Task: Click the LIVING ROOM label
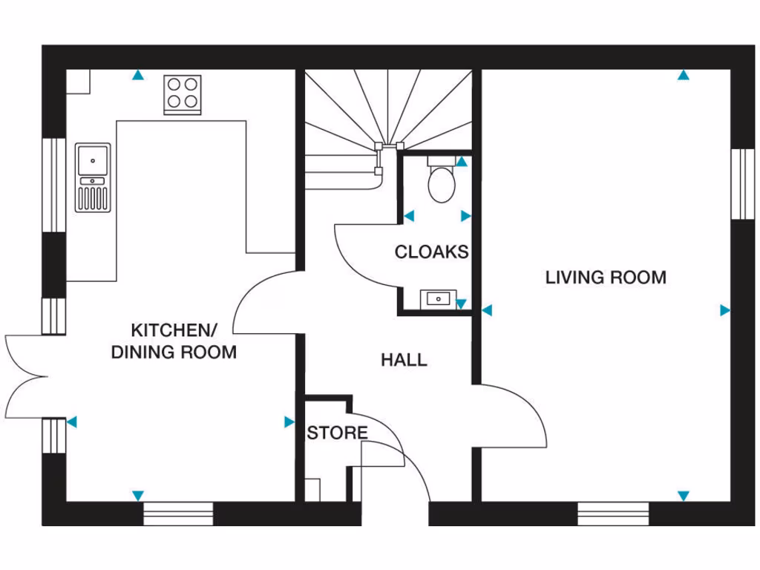[x=606, y=278]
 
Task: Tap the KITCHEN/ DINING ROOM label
[x=174, y=341]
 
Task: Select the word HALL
[x=404, y=361]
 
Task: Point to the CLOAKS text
[x=431, y=252]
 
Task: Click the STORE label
[x=337, y=433]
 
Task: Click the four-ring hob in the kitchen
[x=183, y=94]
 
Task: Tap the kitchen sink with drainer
[x=93, y=177]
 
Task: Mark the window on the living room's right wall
[x=742, y=184]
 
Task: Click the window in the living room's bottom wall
[x=613, y=514]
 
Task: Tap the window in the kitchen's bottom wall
[x=178, y=514]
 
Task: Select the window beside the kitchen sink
[x=53, y=184]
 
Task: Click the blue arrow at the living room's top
[x=683, y=75]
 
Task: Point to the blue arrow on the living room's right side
[x=725, y=310]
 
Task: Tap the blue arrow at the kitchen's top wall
[x=138, y=75]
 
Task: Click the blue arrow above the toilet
[x=462, y=161]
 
